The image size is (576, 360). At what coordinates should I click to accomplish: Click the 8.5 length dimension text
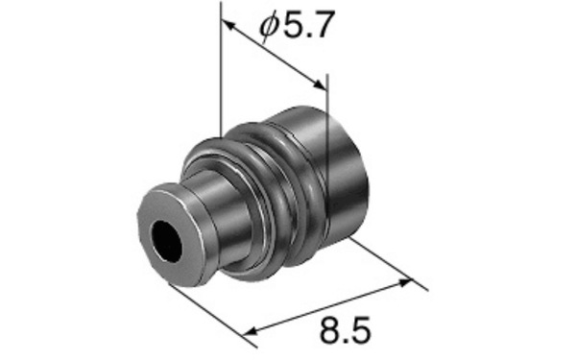[346, 330]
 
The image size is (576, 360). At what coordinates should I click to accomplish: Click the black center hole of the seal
[167, 241]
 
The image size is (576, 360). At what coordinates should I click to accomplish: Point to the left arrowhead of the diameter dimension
[228, 26]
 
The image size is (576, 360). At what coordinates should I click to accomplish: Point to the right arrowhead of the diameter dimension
[319, 84]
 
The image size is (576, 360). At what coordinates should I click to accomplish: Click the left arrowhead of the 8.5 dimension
[251, 331]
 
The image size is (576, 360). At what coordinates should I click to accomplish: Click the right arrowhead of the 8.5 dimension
[403, 283]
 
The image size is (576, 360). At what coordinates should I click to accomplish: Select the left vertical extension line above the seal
[221, 69]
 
